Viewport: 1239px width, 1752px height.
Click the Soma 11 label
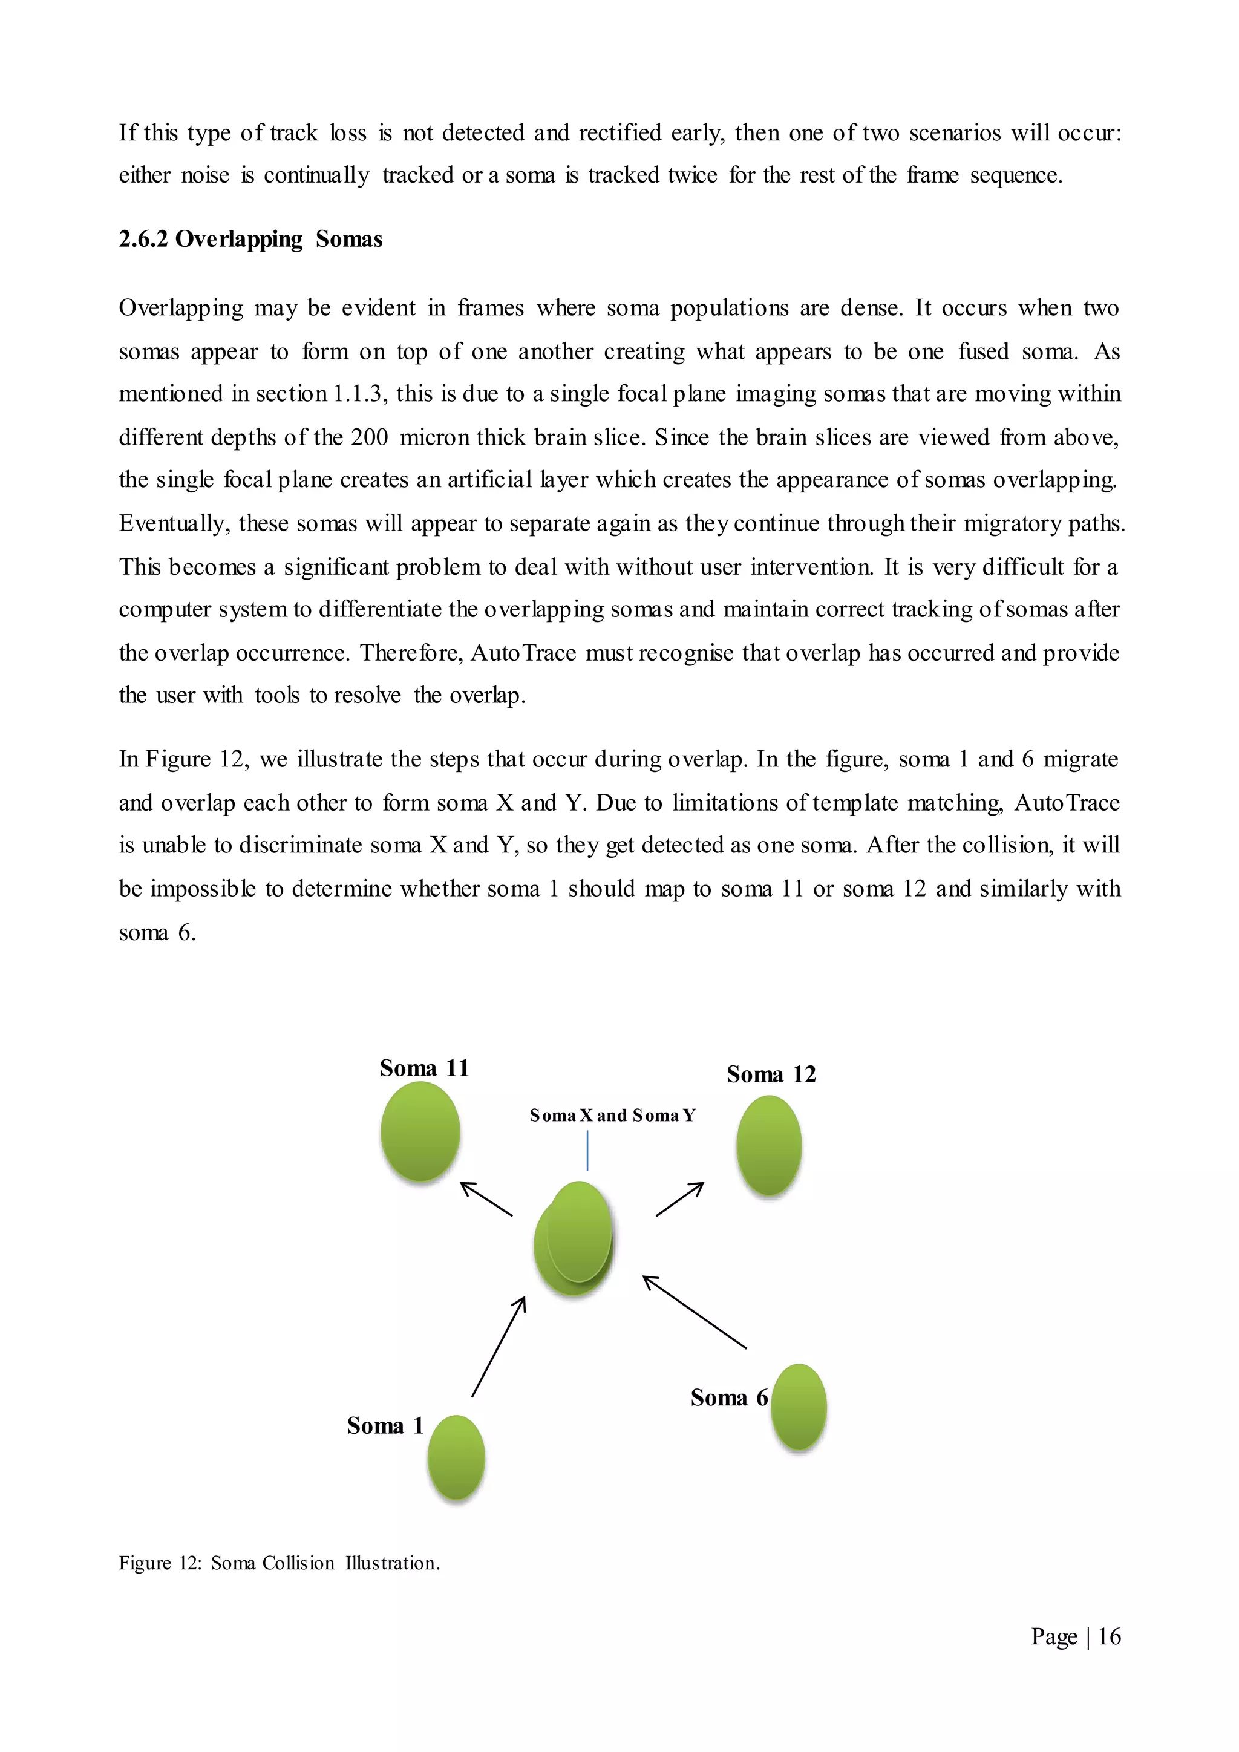click(424, 1068)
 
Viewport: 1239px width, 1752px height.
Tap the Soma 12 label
click(771, 1074)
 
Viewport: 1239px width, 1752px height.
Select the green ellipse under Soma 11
click(420, 1132)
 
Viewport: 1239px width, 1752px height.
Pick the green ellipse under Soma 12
click(769, 1145)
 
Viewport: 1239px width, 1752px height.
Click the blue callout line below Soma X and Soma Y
click(587, 1151)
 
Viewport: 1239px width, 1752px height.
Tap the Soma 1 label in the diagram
click(385, 1425)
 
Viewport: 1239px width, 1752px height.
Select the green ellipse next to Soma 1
click(456, 1457)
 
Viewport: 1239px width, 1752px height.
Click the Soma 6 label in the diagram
click(728, 1397)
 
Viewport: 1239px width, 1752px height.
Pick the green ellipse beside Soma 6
click(799, 1407)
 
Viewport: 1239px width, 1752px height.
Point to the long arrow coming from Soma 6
click(695, 1312)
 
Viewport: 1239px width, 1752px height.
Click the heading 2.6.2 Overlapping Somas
click(250, 240)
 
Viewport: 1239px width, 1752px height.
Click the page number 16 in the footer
click(1110, 1636)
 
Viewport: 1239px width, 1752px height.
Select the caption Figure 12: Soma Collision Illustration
click(280, 1563)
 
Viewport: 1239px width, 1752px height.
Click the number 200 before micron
click(369, 437)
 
